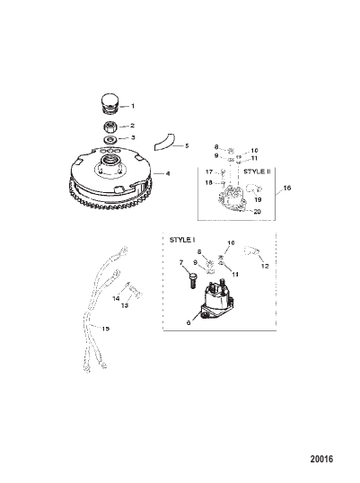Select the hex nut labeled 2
point(110,127)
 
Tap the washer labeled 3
point(110,139)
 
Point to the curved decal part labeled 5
point(164,143)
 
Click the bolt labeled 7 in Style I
point(192,281)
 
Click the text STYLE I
point(182,240)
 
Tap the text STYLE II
point(257,171)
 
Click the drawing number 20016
point(321,459)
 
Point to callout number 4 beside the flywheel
point(168,174)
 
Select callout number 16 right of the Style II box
point(287,188)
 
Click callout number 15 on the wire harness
point(106,329)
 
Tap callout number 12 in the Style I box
point(265,266)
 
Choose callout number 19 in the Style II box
point(258,199)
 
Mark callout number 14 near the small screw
point(116,298)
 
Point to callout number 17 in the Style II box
point(209,171)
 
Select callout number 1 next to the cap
point(133,106)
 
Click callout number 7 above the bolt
point(181,262)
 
